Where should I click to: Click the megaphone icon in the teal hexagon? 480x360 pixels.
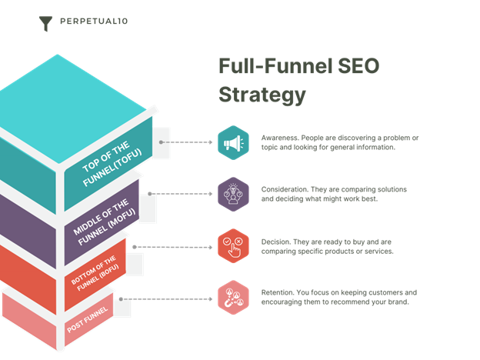pyautogui.click(x=235, y=143)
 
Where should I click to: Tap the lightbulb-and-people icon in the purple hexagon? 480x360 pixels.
pyautogui.click(x=235, y=195)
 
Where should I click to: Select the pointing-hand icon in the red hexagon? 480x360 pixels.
pyautogui.click(x=235, y=246)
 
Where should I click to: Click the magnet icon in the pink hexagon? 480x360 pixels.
pyautogui.click(x=235, y=298)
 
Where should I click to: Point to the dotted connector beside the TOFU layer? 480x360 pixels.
pyautogui.click(x=185, y=142)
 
